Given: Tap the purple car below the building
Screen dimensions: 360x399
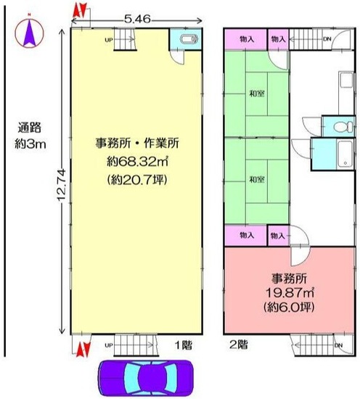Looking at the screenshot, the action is click(146, 378).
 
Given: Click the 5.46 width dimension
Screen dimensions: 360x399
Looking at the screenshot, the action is click(137, 19).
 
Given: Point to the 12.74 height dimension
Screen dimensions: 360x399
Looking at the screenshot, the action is click(62, 185).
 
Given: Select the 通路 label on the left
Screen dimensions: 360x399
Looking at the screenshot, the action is click(29, 128).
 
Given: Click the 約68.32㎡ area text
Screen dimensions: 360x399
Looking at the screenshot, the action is click(137, 161).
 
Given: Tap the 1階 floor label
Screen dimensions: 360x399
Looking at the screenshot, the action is click(184, 345).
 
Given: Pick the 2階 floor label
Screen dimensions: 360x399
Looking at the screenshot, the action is click(239, 345).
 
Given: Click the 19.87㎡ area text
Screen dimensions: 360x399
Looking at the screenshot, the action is click(290, 292).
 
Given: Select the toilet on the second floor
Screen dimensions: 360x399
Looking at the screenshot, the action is click(343, 126).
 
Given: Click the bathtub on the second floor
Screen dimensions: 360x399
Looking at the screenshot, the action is click(345, 154).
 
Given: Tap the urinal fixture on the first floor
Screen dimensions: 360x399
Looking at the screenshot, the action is click(189, 39).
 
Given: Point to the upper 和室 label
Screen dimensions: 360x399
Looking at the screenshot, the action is click(257, 94).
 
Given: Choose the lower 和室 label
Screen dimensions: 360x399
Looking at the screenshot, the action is click(257, 179).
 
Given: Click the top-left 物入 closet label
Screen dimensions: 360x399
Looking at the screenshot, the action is click(247, 39).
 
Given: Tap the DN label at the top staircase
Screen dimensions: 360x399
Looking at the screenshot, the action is click(327, 39).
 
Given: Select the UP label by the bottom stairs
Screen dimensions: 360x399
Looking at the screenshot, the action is click(109, 345).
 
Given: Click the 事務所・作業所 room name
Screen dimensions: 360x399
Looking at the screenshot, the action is click(137, 143).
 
